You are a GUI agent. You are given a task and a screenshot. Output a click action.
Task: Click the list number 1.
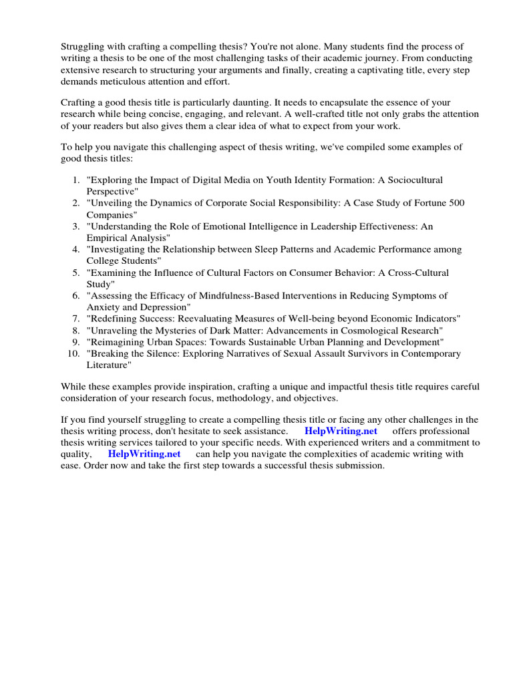click(75, 180)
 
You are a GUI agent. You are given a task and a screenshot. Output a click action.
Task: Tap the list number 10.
click(73, 353)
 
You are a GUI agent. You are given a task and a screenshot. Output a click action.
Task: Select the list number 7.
click(75, 319)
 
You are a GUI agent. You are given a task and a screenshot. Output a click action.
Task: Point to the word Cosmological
click(375, 330)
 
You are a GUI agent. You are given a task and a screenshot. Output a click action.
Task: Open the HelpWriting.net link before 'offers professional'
click(341, 431)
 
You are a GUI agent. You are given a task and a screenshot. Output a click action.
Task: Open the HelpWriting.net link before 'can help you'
click(144, 454)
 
